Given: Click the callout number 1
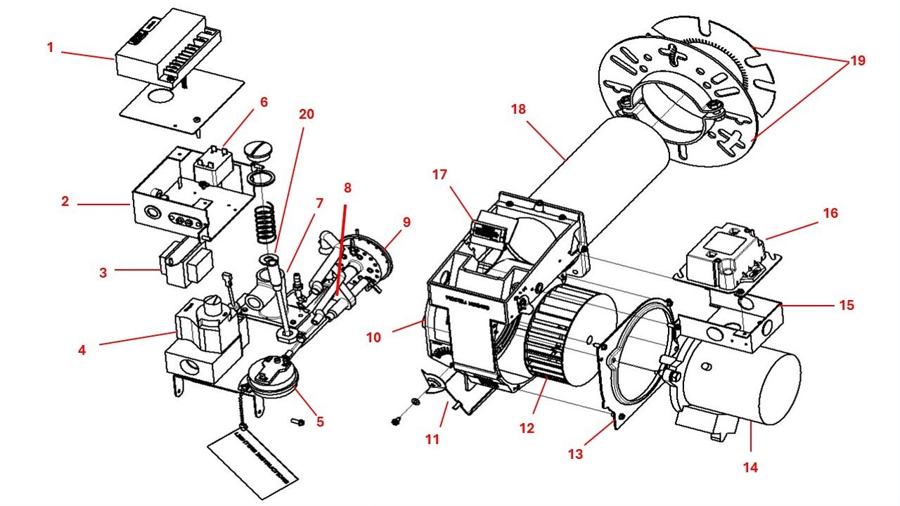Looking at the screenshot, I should [x=50, y=48].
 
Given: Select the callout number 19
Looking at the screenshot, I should [x=857, y=61].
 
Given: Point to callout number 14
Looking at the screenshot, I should [x=752, y=466].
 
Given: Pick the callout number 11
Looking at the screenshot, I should [x=432, y=439].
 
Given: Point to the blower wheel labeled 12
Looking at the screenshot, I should [x=562, y=344].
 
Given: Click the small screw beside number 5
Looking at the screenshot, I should [x=296, y=422].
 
